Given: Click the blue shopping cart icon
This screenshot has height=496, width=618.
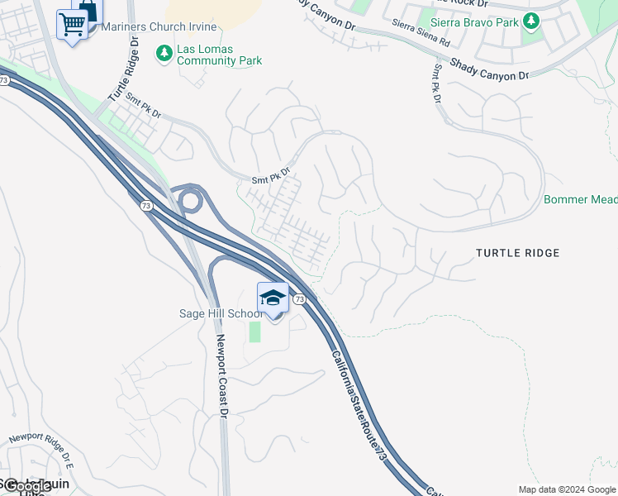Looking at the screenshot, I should click(72, 25).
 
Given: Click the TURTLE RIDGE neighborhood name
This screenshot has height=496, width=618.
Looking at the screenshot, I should click(518, 253).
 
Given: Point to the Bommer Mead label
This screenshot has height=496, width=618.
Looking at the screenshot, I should click(580, 199).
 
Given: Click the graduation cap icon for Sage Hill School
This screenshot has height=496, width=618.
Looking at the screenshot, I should click(273, 298).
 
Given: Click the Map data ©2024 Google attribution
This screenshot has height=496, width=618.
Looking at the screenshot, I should click(567, 489).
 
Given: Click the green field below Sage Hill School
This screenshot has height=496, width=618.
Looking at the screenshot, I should click(254, 331).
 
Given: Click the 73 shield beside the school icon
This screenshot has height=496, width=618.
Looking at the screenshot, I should click(299, 298).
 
